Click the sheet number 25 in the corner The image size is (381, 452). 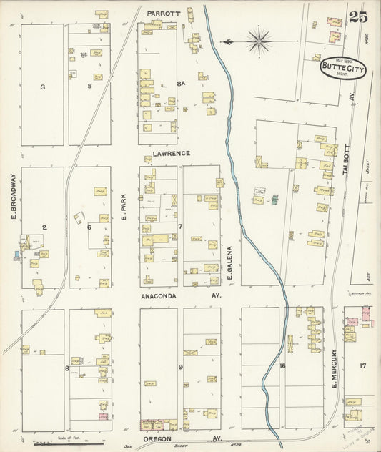(358, 17)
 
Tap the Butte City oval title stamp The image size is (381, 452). (340, 68)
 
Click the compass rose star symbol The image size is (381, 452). (258, 41)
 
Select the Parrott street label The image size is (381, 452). (163, 14)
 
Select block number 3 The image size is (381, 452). (42, 87)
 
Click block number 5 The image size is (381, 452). (89, 87)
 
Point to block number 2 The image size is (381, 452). (44, 227)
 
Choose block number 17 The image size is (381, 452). (362, 366)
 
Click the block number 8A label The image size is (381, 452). (181, 84)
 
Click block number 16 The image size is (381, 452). (282, 366)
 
